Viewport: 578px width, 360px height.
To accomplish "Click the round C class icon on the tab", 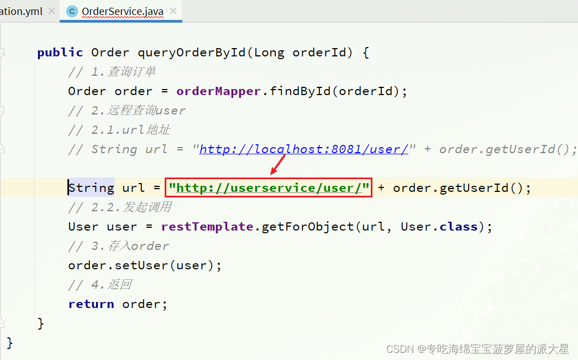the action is point(72,11).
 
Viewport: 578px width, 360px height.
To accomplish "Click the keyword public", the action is point(60,53).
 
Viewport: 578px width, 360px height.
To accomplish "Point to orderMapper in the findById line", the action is point(218,91).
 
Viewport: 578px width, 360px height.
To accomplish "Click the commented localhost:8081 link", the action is point(303,149).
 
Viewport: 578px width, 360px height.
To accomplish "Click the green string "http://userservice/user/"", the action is point(269,188).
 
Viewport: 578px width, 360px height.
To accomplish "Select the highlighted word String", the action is point(91,188).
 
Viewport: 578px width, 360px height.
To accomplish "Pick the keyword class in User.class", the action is point(458,227).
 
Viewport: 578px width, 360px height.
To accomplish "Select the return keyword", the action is point(91,304).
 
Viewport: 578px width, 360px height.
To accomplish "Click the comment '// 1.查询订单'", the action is point(112,72).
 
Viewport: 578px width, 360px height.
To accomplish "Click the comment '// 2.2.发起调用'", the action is point(119,207).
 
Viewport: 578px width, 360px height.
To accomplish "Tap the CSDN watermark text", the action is point(477,349).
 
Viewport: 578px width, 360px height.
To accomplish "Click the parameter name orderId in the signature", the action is point(322,53).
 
